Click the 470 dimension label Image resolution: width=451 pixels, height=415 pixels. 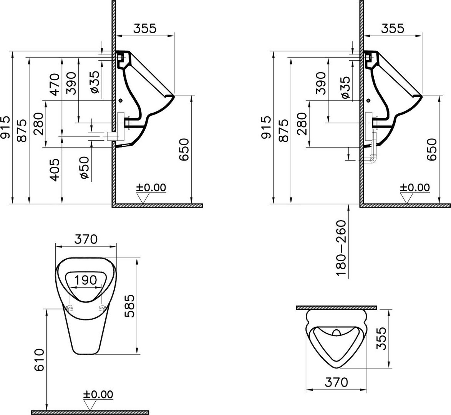pos(55,84)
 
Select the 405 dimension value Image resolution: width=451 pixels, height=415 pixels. pos(55,170)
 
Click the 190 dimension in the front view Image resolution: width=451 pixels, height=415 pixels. pos(85,280)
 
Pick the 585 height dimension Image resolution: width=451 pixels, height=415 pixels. pos(130,305)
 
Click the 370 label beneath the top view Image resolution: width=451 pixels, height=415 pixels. pos(336,382)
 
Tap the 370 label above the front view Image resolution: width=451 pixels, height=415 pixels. pos(86,239)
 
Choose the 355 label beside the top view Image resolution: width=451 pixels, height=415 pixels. pos(381,338)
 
